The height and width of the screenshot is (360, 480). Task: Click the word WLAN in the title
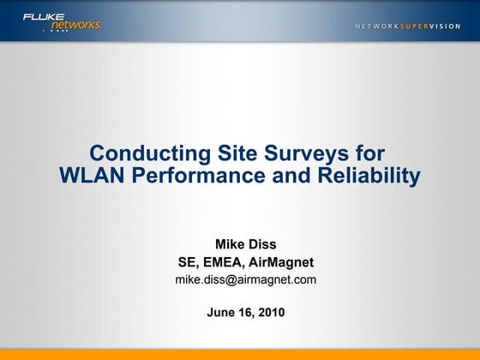(x=87, y=177)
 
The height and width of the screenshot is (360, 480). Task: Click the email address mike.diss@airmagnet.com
(x=245, y=279)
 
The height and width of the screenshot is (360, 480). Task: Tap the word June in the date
(x=222, y=312)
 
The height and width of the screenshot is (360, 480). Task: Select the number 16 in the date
(x=245, y=312)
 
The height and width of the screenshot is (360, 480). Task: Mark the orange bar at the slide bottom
(x=240, y=354)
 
